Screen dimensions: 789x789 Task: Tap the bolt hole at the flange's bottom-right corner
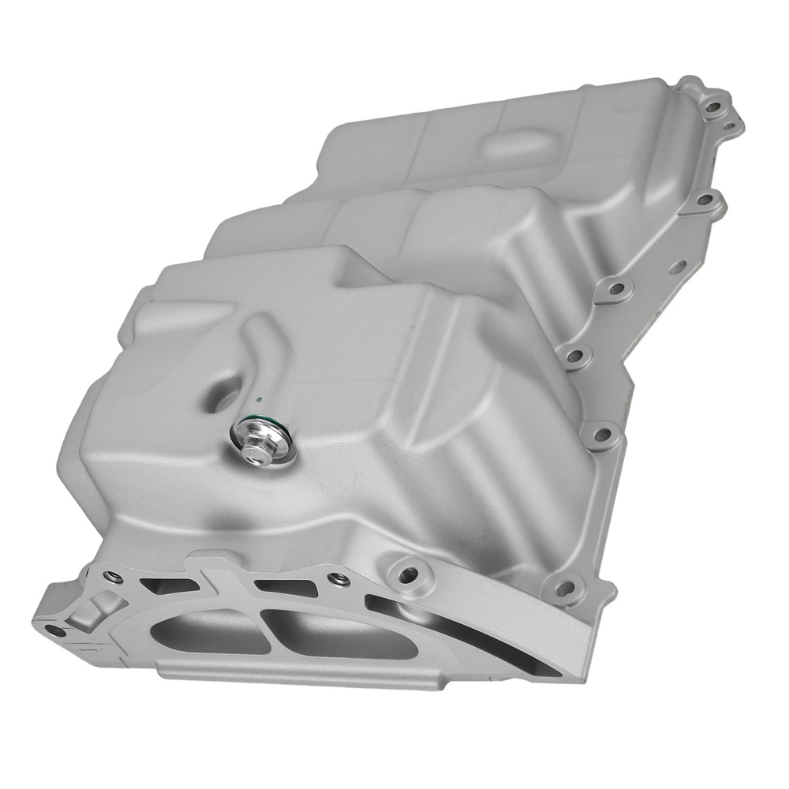(564, 586)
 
